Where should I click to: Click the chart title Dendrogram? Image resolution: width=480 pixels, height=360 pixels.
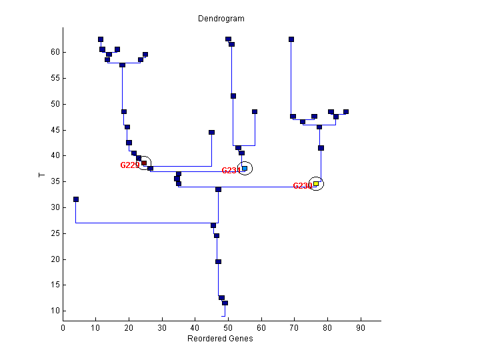pos(221,19)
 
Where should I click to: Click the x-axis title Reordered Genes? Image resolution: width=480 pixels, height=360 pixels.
pos(220,338)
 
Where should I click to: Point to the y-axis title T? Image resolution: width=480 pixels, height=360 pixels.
pos(42,175)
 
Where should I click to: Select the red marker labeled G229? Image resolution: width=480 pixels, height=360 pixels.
pos(144,163)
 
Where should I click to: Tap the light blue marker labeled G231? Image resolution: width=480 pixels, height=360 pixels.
pos(245,168)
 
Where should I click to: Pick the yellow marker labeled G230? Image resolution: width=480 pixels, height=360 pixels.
pos(316,184)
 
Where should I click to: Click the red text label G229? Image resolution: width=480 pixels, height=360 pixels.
pos(129,165)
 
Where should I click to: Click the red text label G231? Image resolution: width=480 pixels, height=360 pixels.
pos(231,171)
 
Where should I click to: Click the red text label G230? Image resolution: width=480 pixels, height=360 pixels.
pos(302,186)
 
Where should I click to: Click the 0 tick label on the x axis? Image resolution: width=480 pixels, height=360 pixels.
pos(63,328)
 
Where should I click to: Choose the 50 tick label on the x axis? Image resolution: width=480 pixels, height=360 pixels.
pos(228,328)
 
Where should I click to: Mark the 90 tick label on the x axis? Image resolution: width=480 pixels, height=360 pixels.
pos(361,328)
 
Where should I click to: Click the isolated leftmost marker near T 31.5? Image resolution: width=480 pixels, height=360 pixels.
pos(76,199)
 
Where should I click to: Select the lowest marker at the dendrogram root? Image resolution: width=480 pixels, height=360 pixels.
pos(225,303)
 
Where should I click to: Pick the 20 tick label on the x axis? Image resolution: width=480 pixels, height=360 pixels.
pos(129,328)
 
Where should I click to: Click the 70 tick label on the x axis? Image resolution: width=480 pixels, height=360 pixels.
pos(295,328)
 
